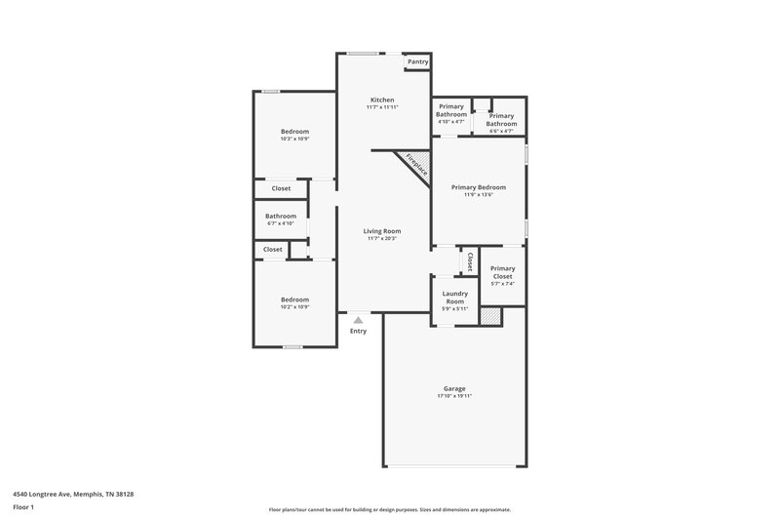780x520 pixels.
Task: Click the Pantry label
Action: pos(417,61)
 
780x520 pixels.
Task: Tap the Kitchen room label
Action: pos(381,100)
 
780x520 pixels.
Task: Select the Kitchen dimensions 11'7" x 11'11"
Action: pos(381,106)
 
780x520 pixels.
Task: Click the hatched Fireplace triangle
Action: pos(411,163)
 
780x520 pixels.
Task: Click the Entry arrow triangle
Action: pos(359,319)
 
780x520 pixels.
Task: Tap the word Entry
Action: pos(359,332)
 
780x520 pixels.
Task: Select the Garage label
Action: pos(455,388)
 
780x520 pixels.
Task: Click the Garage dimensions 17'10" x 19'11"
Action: pos(455,396)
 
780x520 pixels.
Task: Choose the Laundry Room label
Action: pos(454,297)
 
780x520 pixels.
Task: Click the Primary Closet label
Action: pos(502,272)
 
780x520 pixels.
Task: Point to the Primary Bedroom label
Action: pos(478,186)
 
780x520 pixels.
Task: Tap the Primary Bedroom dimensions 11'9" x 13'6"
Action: pos(478,194)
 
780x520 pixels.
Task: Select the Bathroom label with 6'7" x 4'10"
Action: pos(281,216)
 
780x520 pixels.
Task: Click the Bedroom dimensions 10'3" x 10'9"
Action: pos(294,139)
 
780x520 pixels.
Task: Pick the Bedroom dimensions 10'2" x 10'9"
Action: pos(294,307)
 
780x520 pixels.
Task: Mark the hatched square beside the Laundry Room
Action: pos(489,315)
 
